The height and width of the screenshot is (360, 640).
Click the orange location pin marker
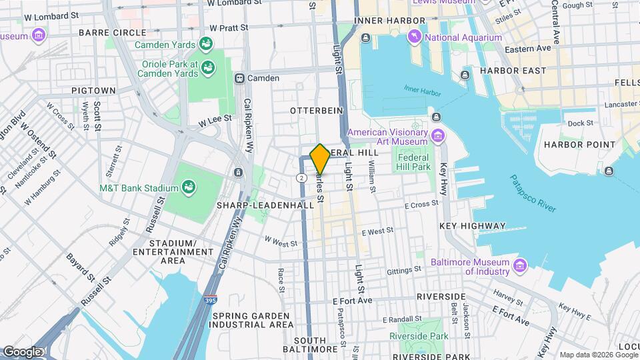(320, 159)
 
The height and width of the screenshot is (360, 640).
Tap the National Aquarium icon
(414, 37)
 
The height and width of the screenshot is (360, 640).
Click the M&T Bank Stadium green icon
(189, 188)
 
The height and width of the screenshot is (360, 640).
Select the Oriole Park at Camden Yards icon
(209, 68)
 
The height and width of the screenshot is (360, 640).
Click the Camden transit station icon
(239, 78)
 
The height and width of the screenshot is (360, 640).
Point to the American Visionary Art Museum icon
(438, 137)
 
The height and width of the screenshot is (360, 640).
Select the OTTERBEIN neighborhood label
(317, 110)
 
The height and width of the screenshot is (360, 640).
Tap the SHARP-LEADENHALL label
(265, 206)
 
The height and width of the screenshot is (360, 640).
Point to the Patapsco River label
(533, 193)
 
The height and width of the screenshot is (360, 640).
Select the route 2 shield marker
(302, 177)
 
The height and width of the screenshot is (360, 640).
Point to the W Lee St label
(215, 119)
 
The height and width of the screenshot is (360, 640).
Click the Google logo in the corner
(22, 351)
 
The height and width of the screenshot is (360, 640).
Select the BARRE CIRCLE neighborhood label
(112, 32)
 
